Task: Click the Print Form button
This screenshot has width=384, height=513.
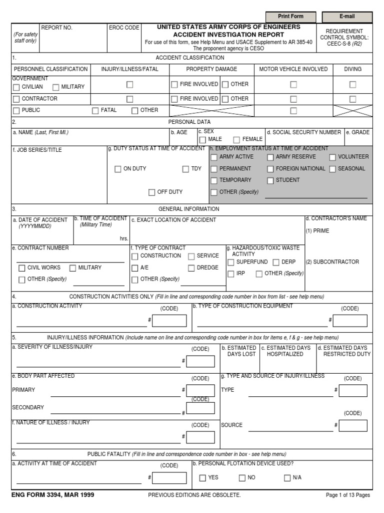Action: tap(290, 17)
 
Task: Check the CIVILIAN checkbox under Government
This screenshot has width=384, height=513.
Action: tap(16, 87)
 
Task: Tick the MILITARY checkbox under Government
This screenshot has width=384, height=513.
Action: tap(55, 87)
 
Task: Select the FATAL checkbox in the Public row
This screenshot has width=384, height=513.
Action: tap(95, 111)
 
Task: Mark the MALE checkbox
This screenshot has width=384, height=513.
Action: tap(202, 140)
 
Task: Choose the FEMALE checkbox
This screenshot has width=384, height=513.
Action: tap(236, 140)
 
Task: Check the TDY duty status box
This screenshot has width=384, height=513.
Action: tap(185, 169)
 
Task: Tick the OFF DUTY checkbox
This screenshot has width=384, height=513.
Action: tap(152, 192)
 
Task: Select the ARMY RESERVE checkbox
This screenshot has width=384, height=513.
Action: tap(270, 157)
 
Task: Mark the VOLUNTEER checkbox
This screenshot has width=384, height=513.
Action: tap(332, 157)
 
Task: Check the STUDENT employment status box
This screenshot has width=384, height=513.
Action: tap(270, 180)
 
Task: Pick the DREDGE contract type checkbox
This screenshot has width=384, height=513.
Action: tap(191, 268)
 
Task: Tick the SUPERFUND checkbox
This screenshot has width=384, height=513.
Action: tap(231, 263)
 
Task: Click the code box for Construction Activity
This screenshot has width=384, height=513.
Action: tap(169, 321)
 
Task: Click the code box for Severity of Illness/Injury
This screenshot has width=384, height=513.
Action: tap(200, 361)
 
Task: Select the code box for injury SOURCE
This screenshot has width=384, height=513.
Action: tap(353, 425)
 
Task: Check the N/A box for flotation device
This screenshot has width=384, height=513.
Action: tap(287, 478)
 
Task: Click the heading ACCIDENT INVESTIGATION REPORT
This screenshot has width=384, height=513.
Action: tap(228, 35)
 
